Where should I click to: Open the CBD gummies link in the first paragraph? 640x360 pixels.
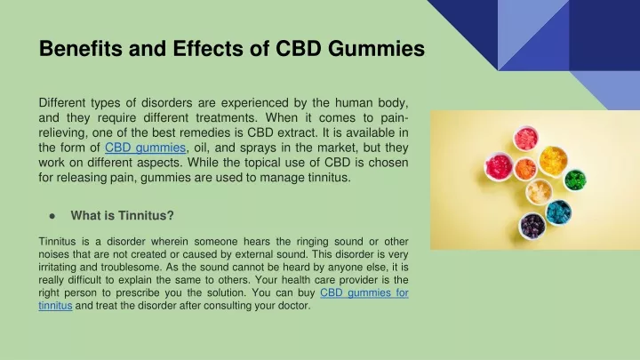pos(145,148)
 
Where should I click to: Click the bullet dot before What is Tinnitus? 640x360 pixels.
pos(52,216)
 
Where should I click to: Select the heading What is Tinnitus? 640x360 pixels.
pos(122,215)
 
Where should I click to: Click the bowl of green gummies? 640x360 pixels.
pos(575,180)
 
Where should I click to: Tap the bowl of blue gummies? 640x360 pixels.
pos(558,212)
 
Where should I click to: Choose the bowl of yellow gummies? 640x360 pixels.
pos(553,160)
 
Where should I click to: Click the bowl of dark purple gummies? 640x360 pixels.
pos(532,226)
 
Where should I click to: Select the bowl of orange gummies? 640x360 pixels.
pos(525,169)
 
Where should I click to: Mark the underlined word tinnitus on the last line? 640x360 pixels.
pos(55,305)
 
